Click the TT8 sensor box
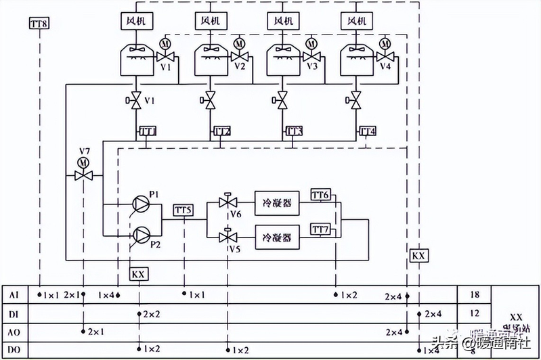(x=39, y=24)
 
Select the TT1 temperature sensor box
(x=148, y=131)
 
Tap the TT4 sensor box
(x=368, y=131)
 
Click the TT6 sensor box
(x=320, y=195)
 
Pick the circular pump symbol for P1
(x=140, y=202)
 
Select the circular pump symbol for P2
(x=140, y=234)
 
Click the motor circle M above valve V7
(x=83, y=162)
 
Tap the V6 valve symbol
(x=228, y=202)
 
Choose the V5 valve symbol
(x=228, y=237)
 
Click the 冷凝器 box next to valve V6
(x=276, y=202)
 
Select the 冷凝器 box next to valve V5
(x=276, y=238)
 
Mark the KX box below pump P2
(x=139, y=274)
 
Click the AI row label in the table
(x=16, y=296)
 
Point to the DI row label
(x=16, y=314)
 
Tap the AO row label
(x=16, y=332)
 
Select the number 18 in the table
(x=474, y=295)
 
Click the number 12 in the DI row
(x=474, y=313)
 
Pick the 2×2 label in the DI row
(x=151, y=315)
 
